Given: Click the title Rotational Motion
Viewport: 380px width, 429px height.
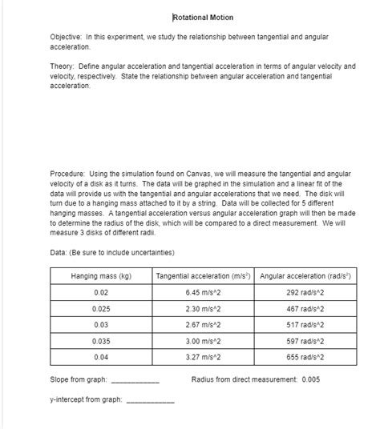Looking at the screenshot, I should (203, 17).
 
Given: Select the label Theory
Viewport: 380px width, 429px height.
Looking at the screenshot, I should (51, 67).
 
